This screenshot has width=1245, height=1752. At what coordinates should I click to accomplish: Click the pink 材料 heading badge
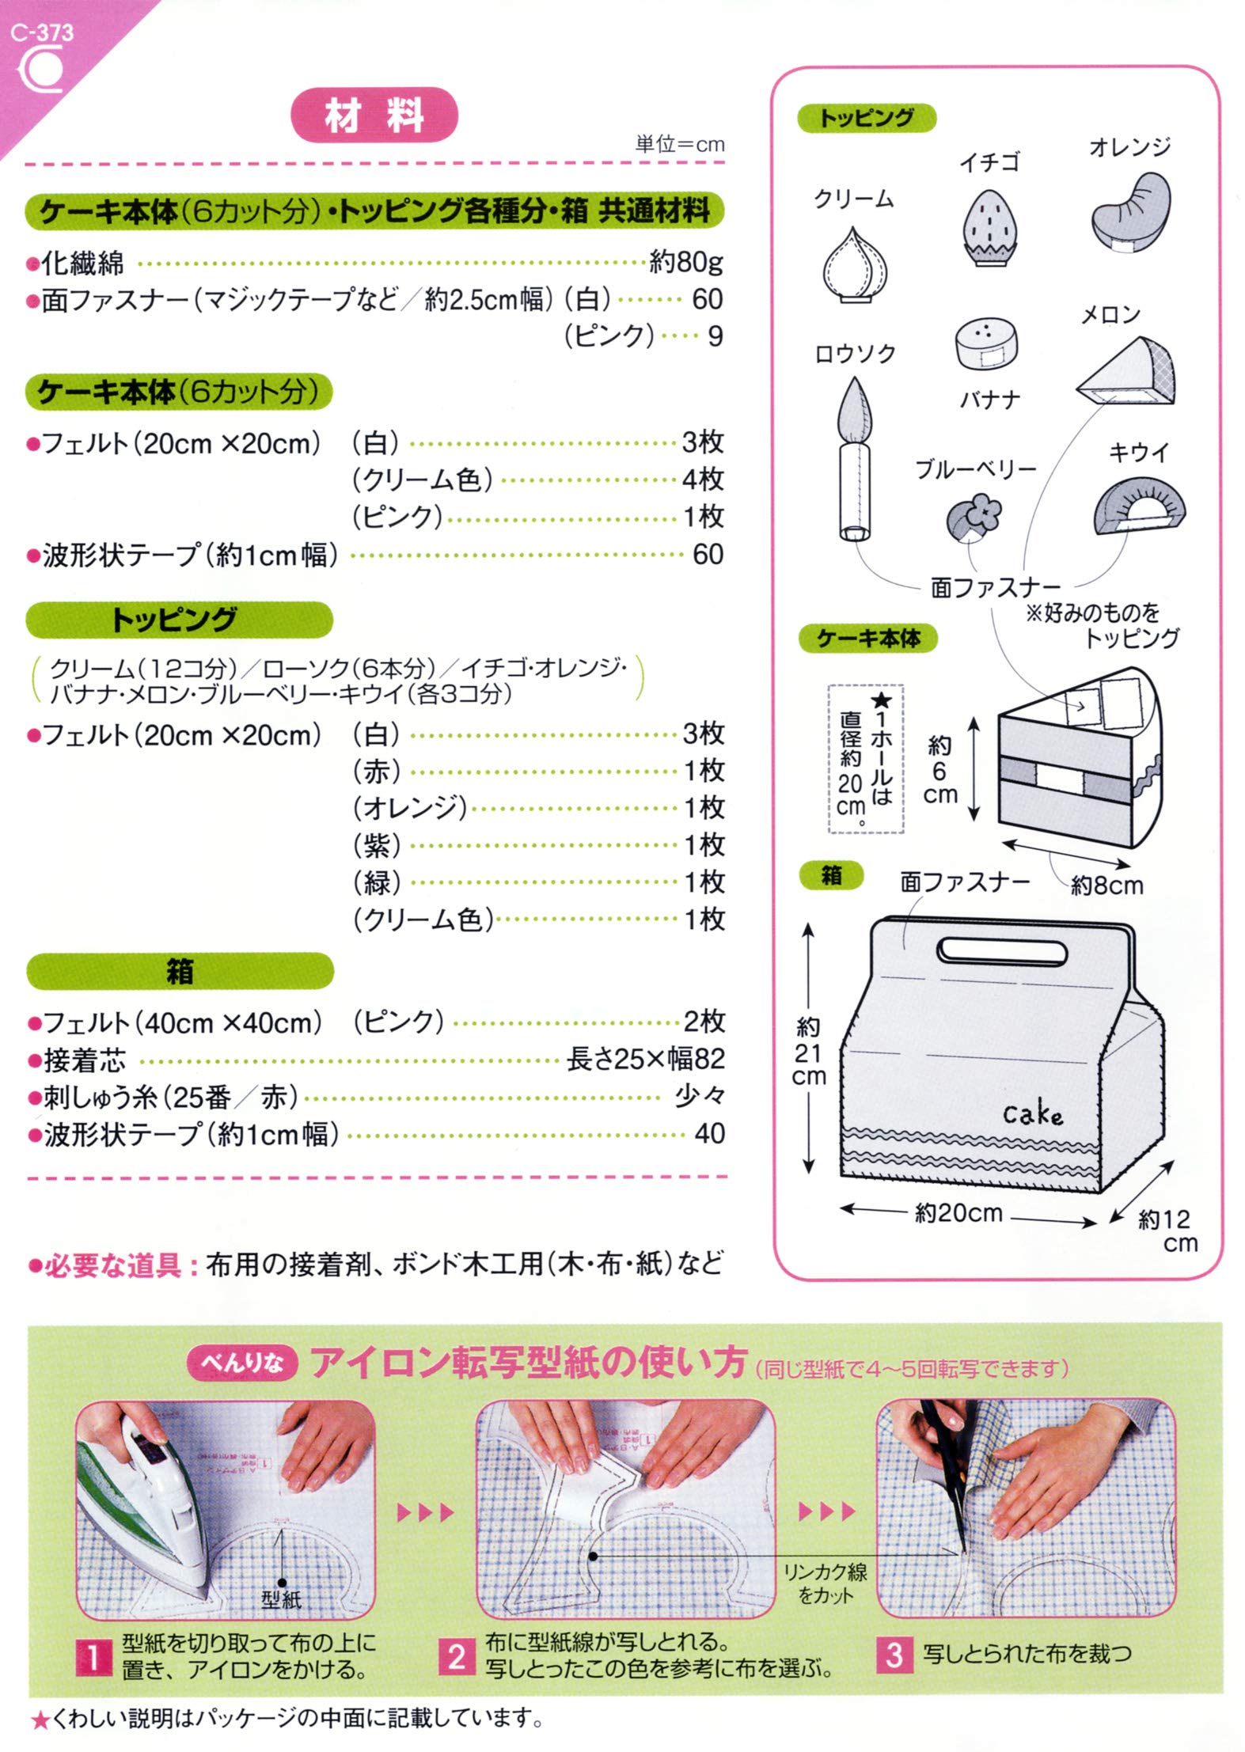pos(374,116)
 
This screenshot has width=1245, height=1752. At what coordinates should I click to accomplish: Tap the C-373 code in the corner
pos(42,32)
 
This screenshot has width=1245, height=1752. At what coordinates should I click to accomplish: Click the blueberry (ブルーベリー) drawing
pos(974,517)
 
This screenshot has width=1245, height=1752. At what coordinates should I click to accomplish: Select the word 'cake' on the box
pos(1032,1115)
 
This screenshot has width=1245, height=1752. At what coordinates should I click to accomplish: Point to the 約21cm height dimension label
pos(809,1052)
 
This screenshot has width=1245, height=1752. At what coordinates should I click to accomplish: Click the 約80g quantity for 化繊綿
pos(685,262)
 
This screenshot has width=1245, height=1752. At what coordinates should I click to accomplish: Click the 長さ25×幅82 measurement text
pos(645,1060)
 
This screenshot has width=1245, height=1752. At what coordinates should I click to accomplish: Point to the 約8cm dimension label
pos(1106,885)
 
